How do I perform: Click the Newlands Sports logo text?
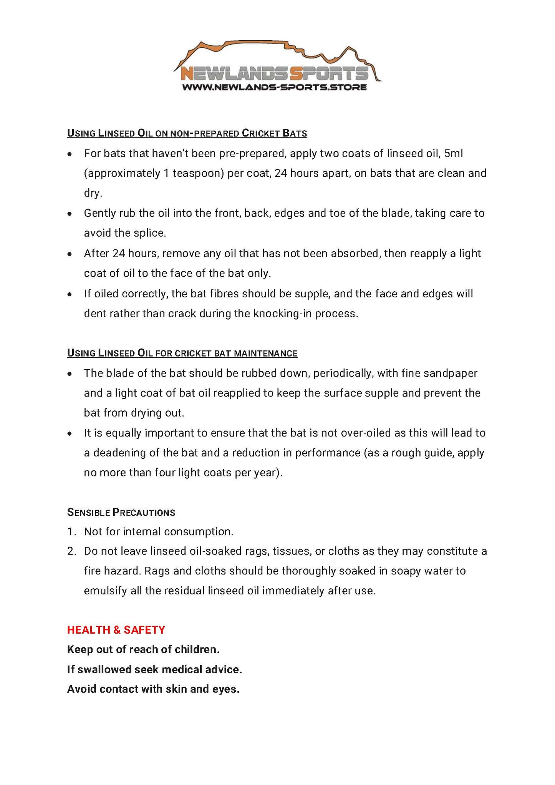tap(274, 73)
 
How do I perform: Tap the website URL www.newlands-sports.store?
tap(274, 87)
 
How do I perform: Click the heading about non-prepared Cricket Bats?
tap(187, 133)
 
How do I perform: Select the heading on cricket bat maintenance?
tap(182, 353)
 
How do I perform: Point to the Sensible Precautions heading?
tap(121, 512)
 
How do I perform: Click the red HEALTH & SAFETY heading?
tap(116, 630)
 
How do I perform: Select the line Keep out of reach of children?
tap(143, 649)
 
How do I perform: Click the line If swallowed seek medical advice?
tap(154, 669)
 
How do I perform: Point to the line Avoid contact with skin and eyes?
tap(153, 689)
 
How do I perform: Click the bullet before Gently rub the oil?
tap(70, 214)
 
